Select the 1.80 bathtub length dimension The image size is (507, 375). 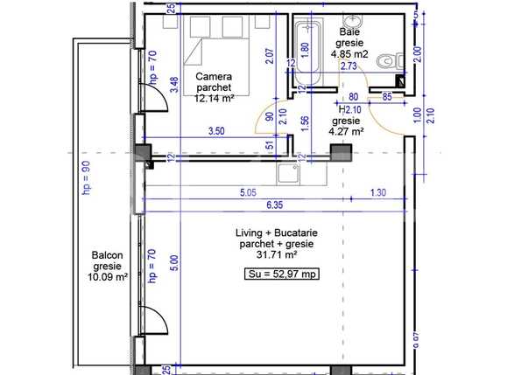click(304, 49)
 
